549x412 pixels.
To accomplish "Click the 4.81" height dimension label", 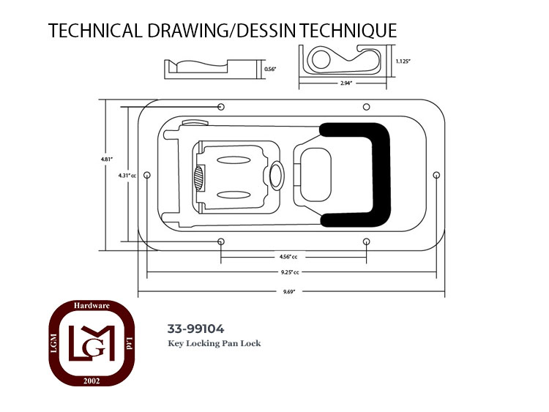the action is (107, 160).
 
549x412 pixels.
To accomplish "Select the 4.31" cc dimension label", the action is (127, 176).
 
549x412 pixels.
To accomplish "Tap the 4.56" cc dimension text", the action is (288, 257).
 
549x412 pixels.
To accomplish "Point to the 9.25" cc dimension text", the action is (290, 272).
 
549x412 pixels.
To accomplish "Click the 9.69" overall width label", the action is (289, 292).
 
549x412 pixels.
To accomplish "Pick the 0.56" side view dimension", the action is (270, 70).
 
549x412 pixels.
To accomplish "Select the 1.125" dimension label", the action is (403, 61).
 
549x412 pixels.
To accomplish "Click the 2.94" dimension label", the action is (346, 83).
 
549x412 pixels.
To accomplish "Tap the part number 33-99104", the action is (195, 329).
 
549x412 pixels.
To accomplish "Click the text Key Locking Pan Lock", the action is (214, 343).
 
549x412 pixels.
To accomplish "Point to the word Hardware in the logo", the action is (91, 306).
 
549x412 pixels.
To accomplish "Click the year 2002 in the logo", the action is (91, 381).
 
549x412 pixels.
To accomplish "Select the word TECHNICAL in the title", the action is (95, 31).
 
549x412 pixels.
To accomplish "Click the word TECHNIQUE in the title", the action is (348, 31).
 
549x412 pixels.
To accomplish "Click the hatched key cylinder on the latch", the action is (198, 178).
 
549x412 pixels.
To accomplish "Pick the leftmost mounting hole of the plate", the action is (147, 175).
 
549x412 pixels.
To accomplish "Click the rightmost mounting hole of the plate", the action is (436, 175).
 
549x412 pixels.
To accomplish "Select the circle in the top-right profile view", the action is (321, 59).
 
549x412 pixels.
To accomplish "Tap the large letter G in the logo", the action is (97, 348).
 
